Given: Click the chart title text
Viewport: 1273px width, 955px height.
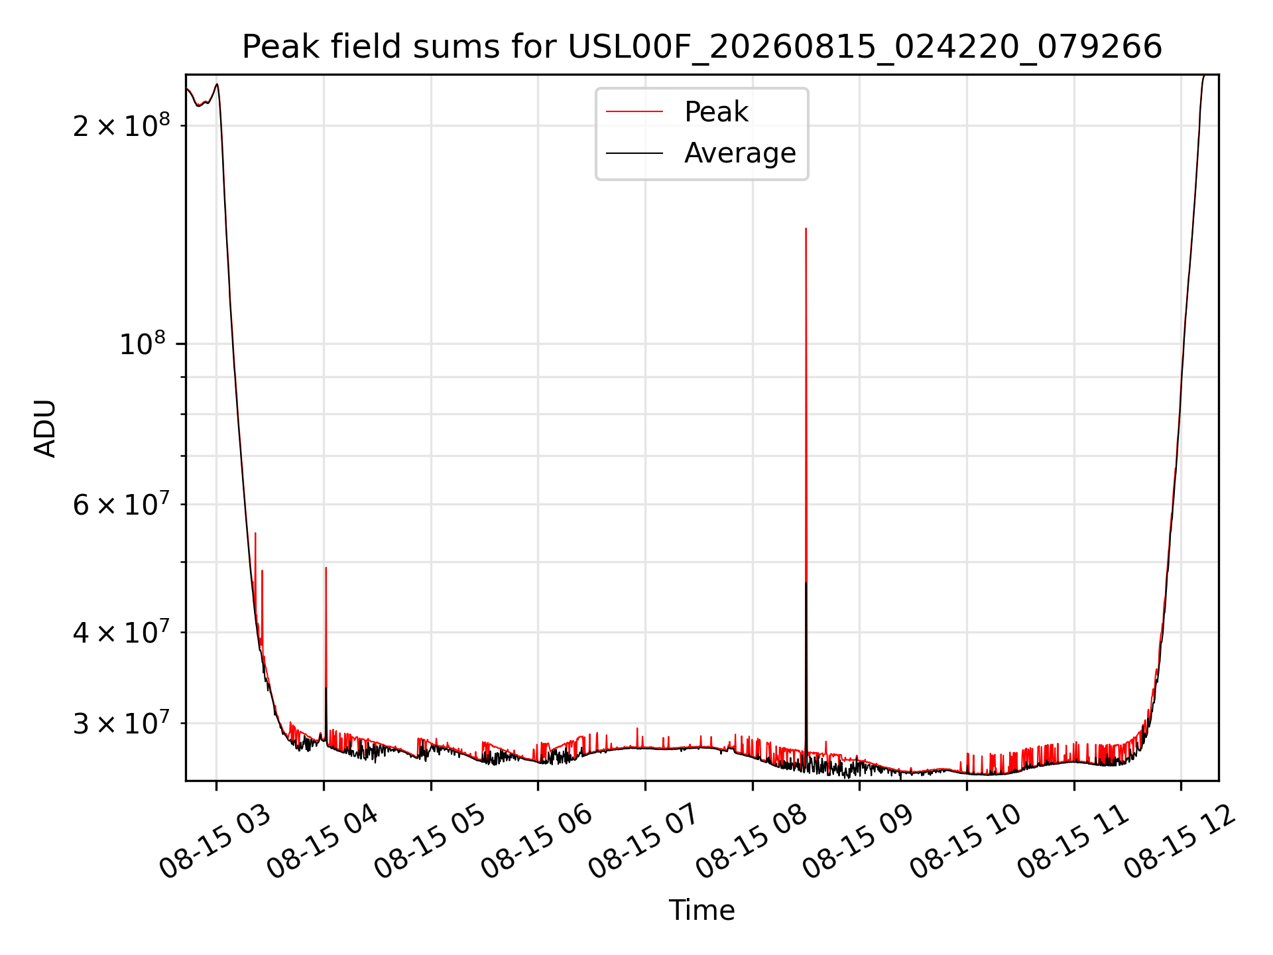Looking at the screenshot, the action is tap(702, 47).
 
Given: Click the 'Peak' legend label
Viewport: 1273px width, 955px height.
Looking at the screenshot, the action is tap(716, 112).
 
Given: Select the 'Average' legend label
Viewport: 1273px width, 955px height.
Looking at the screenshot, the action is tap(740, 153).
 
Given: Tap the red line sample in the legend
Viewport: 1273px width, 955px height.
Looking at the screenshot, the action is tap(635, 112).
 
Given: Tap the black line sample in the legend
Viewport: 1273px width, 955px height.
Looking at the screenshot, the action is tap(635, 153).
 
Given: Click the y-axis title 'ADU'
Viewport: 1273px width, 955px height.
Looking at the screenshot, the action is tap(45, 428).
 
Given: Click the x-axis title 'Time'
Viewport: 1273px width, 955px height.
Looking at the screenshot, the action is tap(702, 910).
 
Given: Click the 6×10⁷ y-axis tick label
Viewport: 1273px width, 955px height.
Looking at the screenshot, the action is tap(121, 503).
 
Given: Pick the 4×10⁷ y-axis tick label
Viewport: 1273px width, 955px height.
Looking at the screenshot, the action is tap(121, 631).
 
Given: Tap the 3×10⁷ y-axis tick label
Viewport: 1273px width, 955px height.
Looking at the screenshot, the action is tap(121, 722).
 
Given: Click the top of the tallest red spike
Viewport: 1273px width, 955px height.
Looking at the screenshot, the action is tap(806, 228).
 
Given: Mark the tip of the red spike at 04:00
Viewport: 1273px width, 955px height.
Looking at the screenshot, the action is tap(326, 568).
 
